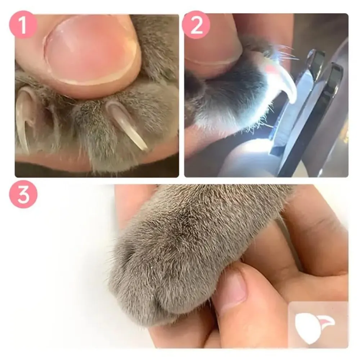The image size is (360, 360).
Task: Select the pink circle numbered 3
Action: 23,194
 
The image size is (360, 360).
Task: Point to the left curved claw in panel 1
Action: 23,115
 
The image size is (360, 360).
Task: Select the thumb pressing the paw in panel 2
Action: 212,47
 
